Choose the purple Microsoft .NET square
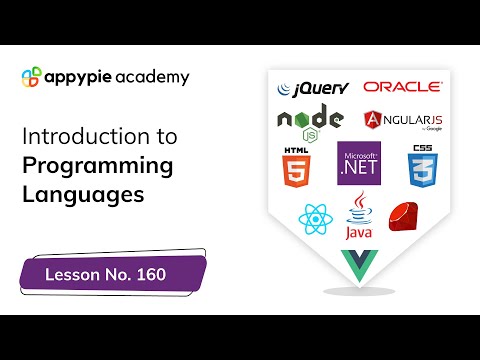(359, 164)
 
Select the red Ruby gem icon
(403, 216)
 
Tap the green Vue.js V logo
(358, 264)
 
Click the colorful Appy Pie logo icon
(31, 77)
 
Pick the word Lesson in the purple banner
(71, 273)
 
